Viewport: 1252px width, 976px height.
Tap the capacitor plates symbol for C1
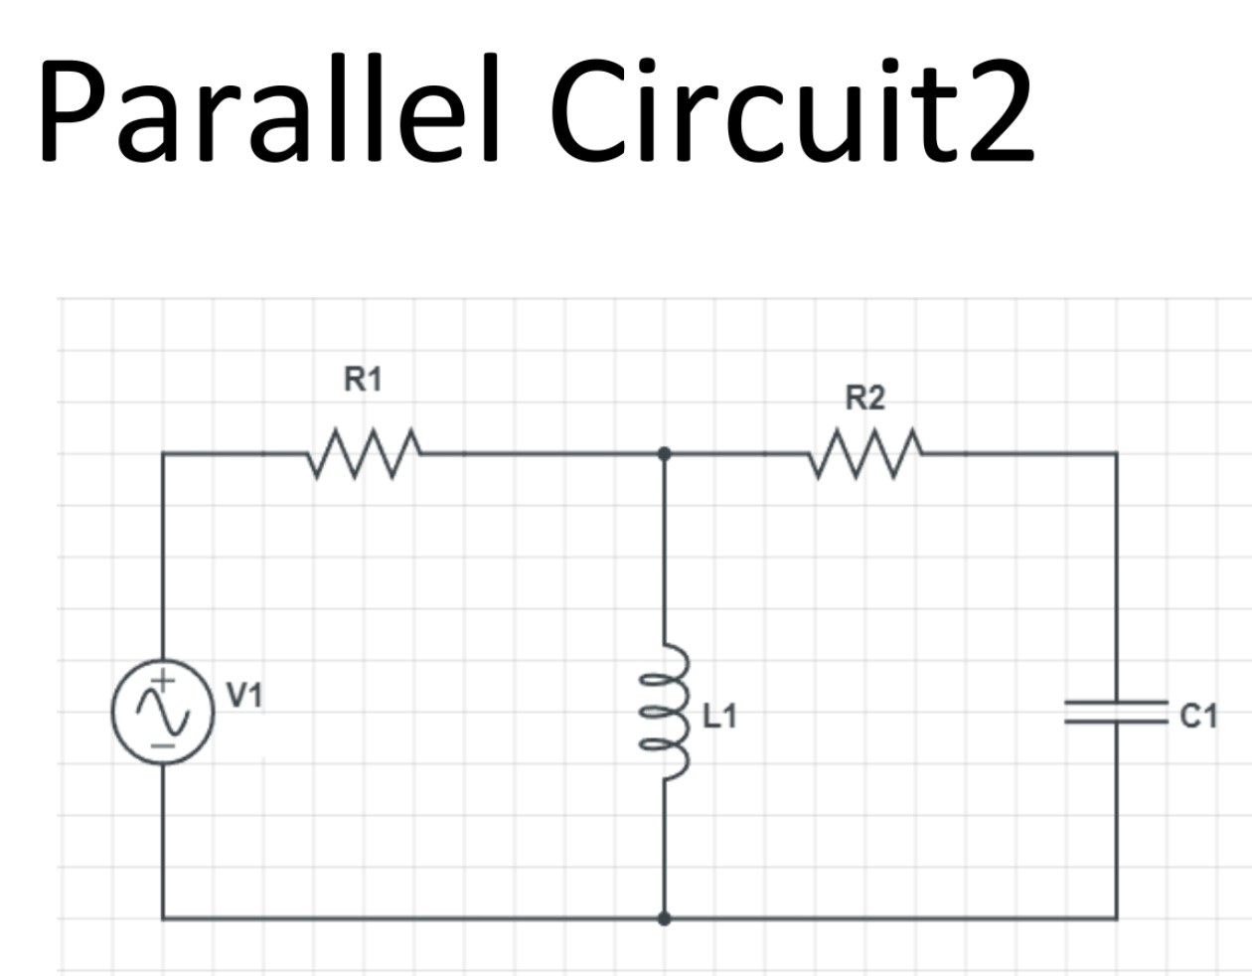(1116, 711)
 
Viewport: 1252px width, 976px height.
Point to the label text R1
(363, 379)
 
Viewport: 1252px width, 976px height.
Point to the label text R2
(864, 399)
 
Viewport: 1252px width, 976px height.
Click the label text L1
(720, 716)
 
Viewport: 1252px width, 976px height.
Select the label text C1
(1198, 716)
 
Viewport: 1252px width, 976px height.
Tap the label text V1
(244, 695)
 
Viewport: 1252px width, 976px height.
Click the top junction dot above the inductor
(665, 453)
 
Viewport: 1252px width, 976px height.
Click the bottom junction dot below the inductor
(665, 918)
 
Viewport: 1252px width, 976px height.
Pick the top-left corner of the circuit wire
(163, 453)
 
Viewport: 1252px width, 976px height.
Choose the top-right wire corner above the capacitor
(1116, 453)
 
